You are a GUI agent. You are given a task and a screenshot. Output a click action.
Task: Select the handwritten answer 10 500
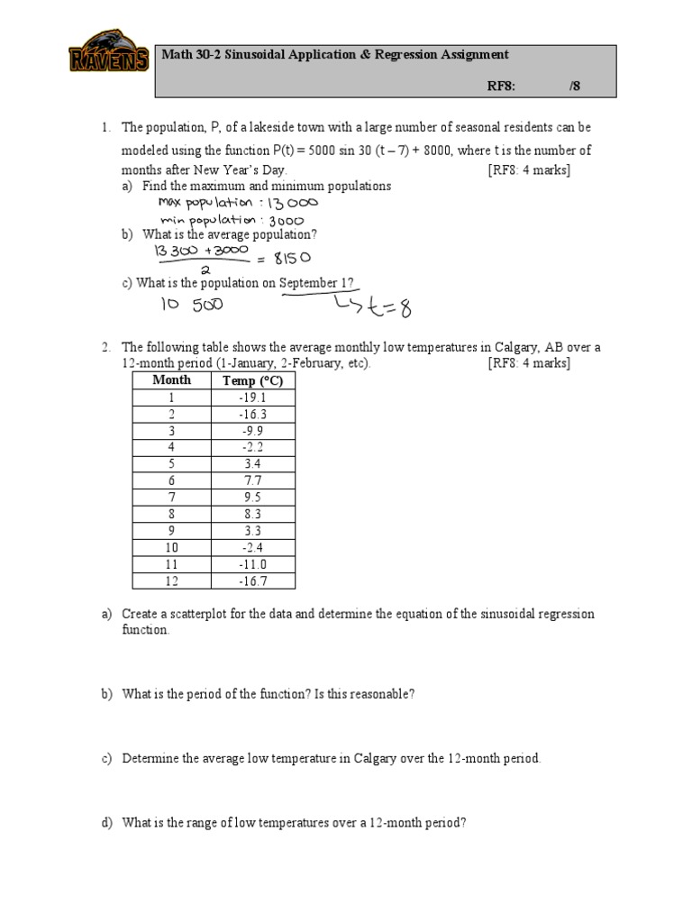click(x=192, y=305)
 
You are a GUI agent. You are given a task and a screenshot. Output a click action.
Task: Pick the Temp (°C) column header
click(x=252, y=380)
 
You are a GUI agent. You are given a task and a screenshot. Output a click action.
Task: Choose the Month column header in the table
click(x=171, y=380)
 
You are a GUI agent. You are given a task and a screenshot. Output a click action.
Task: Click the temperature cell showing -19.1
click(x=252, y=398)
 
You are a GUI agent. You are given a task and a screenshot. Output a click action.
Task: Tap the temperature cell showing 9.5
click(x=252, y=498)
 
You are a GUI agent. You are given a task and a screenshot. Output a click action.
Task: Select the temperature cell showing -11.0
click(x=252, y=564)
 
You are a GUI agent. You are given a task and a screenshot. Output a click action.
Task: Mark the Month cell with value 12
click(x=171, y=581)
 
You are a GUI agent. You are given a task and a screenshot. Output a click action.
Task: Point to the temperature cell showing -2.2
click(x=252, y=447)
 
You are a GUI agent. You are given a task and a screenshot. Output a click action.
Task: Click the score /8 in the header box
click(x=575, y=86)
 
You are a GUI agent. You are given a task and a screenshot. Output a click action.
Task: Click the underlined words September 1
click(x=315, y=282)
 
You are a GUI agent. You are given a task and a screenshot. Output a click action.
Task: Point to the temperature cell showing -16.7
click(x=252, y=581)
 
